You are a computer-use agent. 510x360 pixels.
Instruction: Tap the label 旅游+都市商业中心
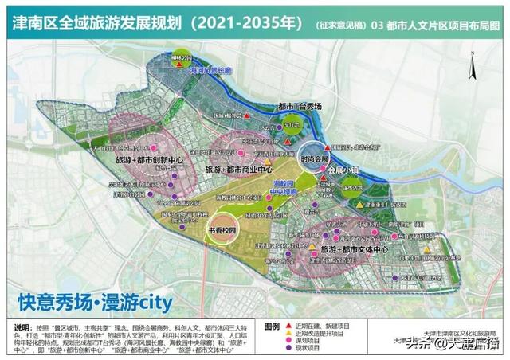(238, 170)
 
